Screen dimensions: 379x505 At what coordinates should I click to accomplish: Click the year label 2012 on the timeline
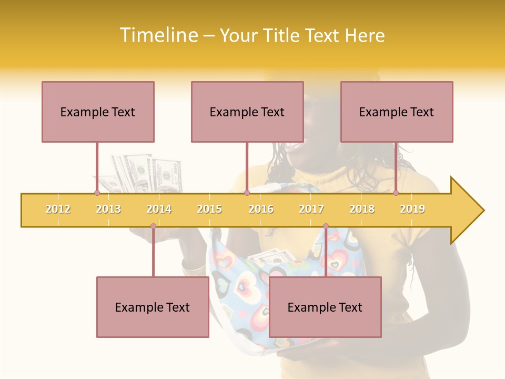[58, 209]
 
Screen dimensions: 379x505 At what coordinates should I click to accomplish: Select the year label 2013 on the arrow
[108, 209]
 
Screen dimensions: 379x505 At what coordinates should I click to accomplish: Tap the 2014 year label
[159, 209]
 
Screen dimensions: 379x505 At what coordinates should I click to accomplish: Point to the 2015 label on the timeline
[209, 209]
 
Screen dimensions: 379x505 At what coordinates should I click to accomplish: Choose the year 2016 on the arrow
[261, 209]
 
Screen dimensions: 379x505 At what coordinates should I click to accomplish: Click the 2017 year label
[311, 209]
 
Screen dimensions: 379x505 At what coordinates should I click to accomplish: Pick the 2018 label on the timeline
[362, 209]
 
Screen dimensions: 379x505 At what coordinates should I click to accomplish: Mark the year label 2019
[412, 209]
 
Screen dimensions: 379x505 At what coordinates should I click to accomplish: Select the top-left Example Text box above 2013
[98, 112]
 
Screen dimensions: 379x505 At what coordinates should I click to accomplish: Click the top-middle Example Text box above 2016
[247, 112]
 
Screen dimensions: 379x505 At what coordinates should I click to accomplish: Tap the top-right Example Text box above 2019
[397, 112]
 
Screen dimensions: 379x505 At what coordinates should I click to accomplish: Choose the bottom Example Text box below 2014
[153, 307]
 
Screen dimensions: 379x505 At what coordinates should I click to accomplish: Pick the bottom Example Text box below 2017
[325, 307]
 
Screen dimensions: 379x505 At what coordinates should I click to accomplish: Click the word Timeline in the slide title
[157, 35]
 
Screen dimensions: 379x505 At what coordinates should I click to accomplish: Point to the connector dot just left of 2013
[97, 193]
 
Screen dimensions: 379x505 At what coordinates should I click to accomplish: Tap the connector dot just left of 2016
[247, 193]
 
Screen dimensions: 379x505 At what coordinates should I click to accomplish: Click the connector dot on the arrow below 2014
[153, 226]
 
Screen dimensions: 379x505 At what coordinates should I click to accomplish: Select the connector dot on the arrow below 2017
[326, 226]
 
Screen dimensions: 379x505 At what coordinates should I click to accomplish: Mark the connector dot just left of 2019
[396, 193]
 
